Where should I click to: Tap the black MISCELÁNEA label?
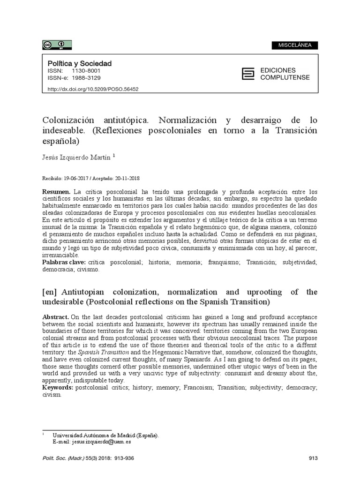(x=294, y=45)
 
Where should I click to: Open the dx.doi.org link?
(x=93, y=89)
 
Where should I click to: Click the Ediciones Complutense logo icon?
(x=247, y=74)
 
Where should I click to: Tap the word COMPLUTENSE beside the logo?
(x=285, y=77)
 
